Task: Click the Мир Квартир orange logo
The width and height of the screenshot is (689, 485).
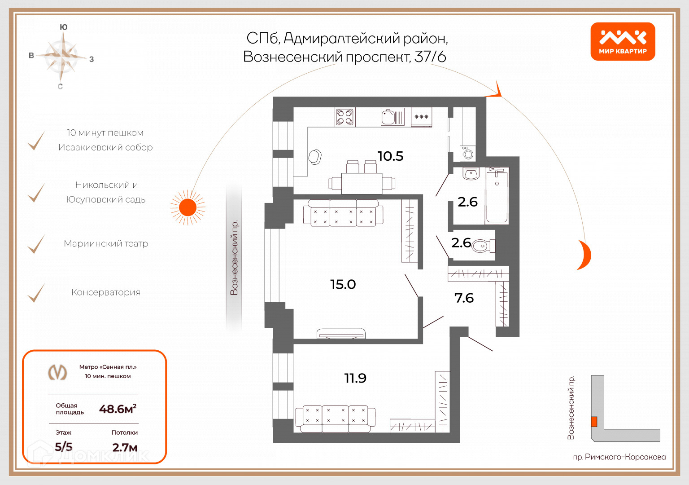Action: (623, 41)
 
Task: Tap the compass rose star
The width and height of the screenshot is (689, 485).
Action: (62, 56)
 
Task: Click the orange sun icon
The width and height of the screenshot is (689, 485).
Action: (188, 207)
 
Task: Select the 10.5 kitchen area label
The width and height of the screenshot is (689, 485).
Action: (390, 156)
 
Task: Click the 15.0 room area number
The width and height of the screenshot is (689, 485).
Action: (343, 284)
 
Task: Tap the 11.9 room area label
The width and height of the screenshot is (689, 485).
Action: (355, 378)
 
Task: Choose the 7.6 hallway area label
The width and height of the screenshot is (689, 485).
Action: (464, 298)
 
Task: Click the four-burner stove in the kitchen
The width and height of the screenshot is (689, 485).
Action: (344, 117)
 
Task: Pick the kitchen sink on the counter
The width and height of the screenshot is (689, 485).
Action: (392, 117)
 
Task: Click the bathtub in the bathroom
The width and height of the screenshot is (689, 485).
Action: (497, 196)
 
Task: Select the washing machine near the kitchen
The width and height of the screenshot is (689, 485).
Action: (467, 154)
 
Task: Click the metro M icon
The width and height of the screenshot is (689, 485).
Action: (57, 372)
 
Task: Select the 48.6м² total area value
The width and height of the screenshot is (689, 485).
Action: (118, 409)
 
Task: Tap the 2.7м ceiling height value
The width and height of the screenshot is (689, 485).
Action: (125, 447)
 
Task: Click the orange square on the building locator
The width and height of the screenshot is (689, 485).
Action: (594, 421)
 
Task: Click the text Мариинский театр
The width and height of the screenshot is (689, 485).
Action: (106, 243)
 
